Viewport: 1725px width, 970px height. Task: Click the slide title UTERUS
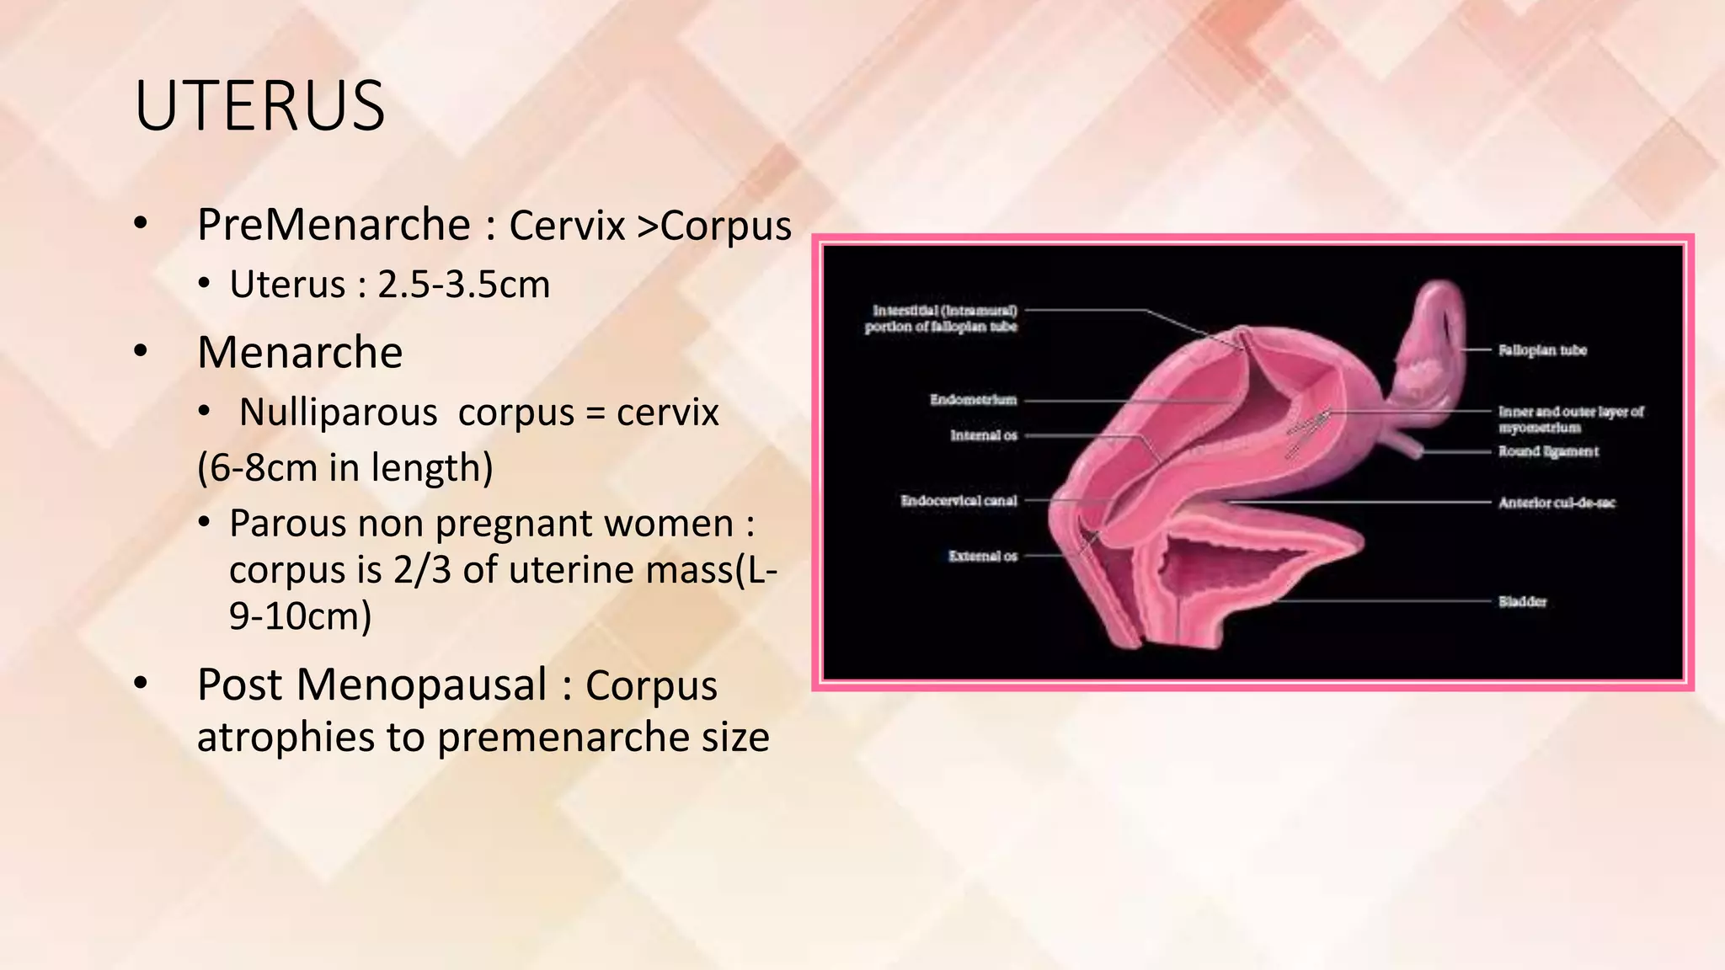(x=259, y=106)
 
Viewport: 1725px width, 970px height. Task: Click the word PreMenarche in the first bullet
(x=334, y=225)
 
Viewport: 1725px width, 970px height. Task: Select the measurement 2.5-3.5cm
(x=463, y=285)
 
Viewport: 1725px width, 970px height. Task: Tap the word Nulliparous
(x=338, y=413)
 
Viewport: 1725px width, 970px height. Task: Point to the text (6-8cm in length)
(x=344, y=467)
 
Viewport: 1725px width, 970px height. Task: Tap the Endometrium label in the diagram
(x=973, y=400)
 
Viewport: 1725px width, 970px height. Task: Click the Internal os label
(x=983, y=435)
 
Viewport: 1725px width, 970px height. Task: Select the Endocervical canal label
(x=959, y=501)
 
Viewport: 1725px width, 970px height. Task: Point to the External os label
(x=982, y=556)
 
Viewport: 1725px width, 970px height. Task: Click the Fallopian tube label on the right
(x=1541, y=350)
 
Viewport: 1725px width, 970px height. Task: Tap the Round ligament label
(x=1547, y=451)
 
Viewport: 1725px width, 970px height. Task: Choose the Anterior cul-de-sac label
(x=1556, y=503)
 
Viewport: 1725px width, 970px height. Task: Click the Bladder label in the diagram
(x=1522, y=601)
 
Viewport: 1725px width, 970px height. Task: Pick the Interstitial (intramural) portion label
(x=941, y=318)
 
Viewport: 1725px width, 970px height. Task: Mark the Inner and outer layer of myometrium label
(x=1570, y=419)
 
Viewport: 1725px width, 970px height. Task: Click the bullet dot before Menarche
(x=141, y=352)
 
